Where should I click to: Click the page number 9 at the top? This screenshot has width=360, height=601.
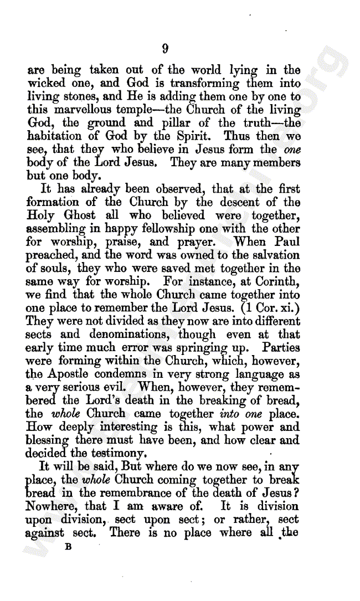tap(164, 49)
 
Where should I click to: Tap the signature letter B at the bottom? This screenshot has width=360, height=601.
tap(69, 546)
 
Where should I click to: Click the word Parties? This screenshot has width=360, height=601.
tap(281, 348)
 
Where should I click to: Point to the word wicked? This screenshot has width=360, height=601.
tap(48, 84)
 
